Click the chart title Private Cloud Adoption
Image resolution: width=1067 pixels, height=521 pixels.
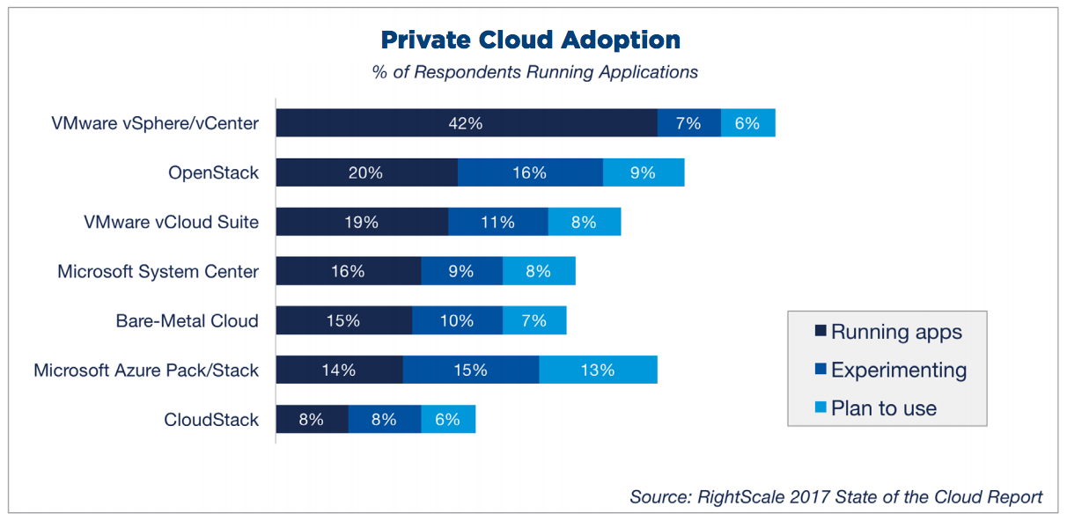[530, 40]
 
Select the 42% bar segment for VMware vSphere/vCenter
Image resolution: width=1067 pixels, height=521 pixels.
[466, 123]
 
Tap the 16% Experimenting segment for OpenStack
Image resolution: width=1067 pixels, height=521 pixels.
[530, 172]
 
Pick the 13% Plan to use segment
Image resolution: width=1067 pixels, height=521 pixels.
[598, 370]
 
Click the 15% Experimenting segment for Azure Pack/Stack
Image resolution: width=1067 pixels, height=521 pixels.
[471, 370]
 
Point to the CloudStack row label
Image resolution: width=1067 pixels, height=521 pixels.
[211, 419]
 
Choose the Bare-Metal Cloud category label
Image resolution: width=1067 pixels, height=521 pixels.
[187, 320]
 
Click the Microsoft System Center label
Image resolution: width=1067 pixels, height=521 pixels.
[158, 271]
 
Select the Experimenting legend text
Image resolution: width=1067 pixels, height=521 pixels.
[899, 371]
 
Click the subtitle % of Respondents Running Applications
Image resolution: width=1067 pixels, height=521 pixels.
[534, 72]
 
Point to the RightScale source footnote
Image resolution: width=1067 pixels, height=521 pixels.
[835, 496]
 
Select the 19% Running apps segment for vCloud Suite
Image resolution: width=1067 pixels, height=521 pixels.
[362, 222]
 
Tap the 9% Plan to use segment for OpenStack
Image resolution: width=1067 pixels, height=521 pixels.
[644, 172]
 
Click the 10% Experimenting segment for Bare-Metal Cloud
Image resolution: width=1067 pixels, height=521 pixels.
[457, 320]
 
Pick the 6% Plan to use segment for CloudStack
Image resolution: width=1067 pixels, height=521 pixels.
[448, 419]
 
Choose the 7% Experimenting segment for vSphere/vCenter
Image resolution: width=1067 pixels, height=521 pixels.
[688, 123]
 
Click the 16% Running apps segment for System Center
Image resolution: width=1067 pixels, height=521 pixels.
[348, 271]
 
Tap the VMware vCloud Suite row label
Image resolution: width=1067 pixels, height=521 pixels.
[171, 222]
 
